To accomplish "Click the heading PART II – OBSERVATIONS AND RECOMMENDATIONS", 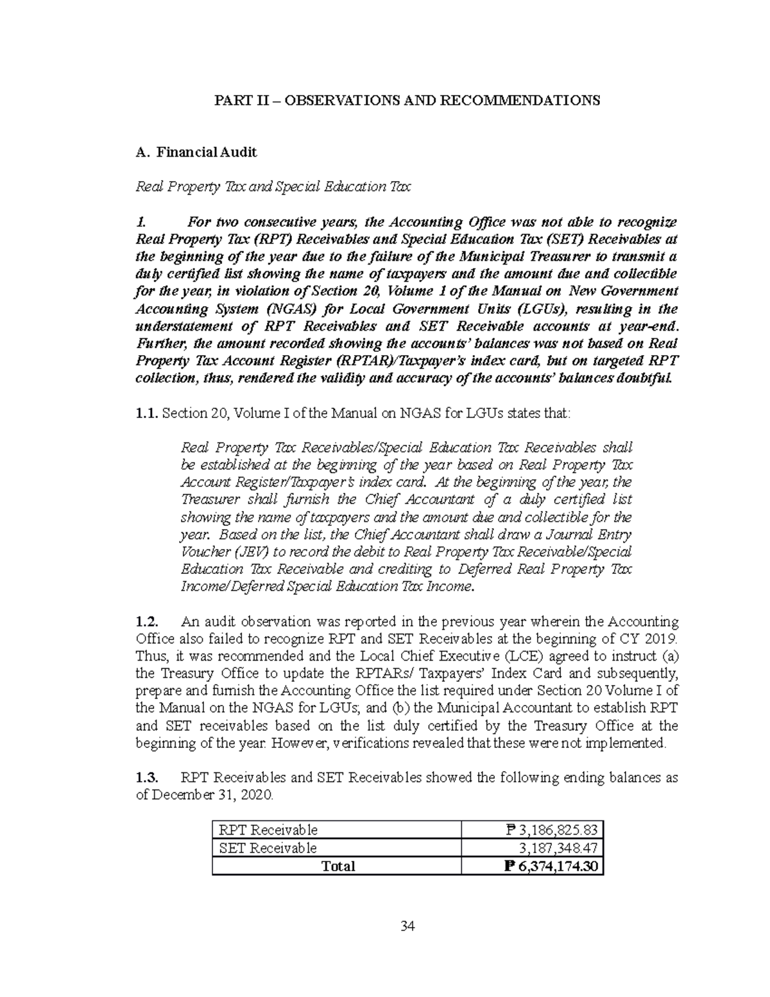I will [407, 100].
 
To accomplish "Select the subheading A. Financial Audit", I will [196, 152].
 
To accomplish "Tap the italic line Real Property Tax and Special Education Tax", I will [273, 187].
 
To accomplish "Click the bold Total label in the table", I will [338, 866].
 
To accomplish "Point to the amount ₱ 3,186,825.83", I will [551, 830].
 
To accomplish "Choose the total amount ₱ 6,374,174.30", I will [551, 866].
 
